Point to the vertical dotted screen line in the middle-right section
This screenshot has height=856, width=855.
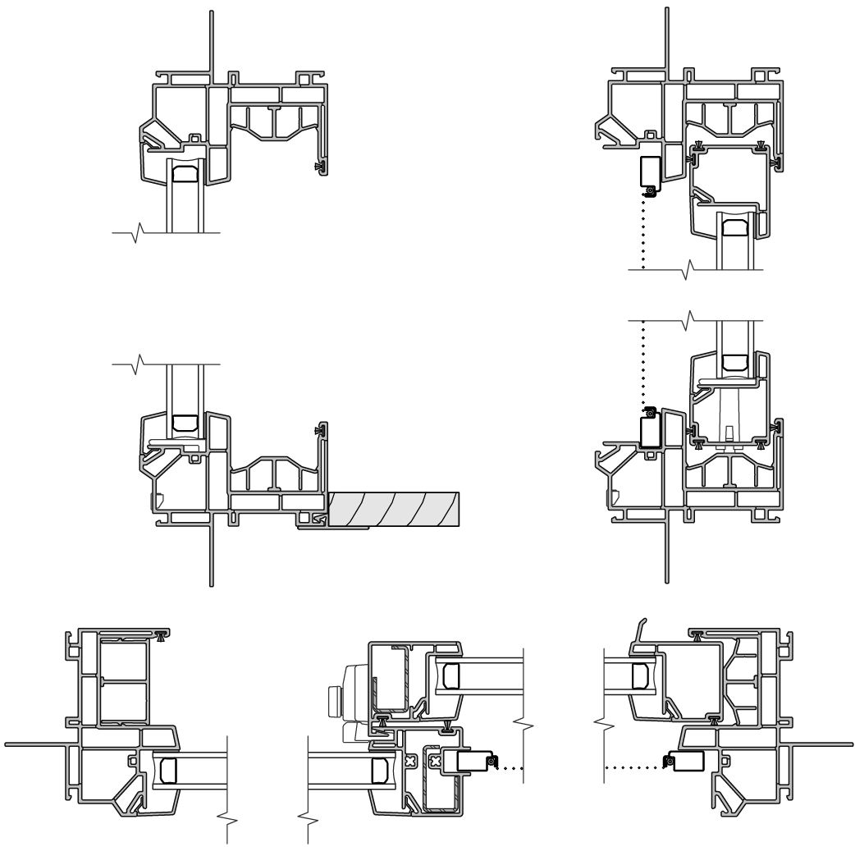[x=643, y=361]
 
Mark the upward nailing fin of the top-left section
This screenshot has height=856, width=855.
[x=213, y=41]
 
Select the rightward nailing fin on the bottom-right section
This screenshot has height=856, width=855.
[x=821, y=745]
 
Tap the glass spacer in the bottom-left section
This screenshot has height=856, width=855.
[x=167, y=770]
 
